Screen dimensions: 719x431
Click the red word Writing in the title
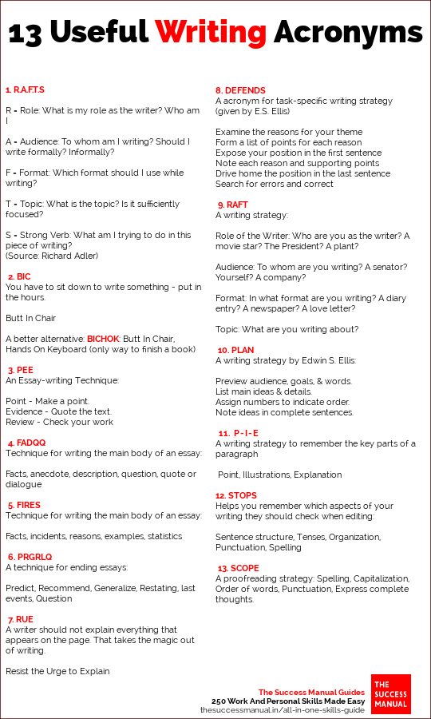[211, 32]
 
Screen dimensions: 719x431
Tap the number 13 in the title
[29, 32]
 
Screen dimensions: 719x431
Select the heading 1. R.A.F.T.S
[25, 89]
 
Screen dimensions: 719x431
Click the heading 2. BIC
[18, 276]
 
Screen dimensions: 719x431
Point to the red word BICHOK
[102, 339]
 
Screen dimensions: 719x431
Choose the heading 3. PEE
[21, 370]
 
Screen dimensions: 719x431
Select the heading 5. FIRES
[24, 505]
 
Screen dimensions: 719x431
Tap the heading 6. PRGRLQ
[30, 557]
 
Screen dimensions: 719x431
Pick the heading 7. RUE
[21, 619]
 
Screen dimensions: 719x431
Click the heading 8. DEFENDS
[240, 90]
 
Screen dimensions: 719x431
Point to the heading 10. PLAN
[235, 350]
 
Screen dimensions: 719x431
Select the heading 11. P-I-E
[238, 433]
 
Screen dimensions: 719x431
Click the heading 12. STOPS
[238, 495]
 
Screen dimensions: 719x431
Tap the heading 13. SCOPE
[239, 568]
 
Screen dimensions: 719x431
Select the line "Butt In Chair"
[31, 318]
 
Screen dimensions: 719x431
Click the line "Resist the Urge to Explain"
[57, 671]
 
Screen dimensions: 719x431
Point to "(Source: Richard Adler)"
[52, 256]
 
